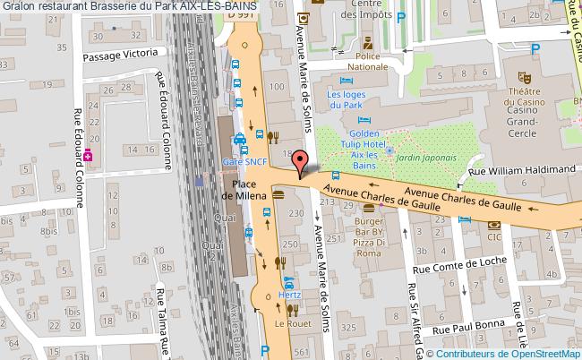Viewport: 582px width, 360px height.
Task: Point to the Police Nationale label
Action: click(368, 61)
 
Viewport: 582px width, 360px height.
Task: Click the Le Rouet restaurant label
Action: click(291, 323)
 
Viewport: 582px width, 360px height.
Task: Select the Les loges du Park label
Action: click(347, 99)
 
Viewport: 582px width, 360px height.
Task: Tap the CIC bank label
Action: click(493, 238)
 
